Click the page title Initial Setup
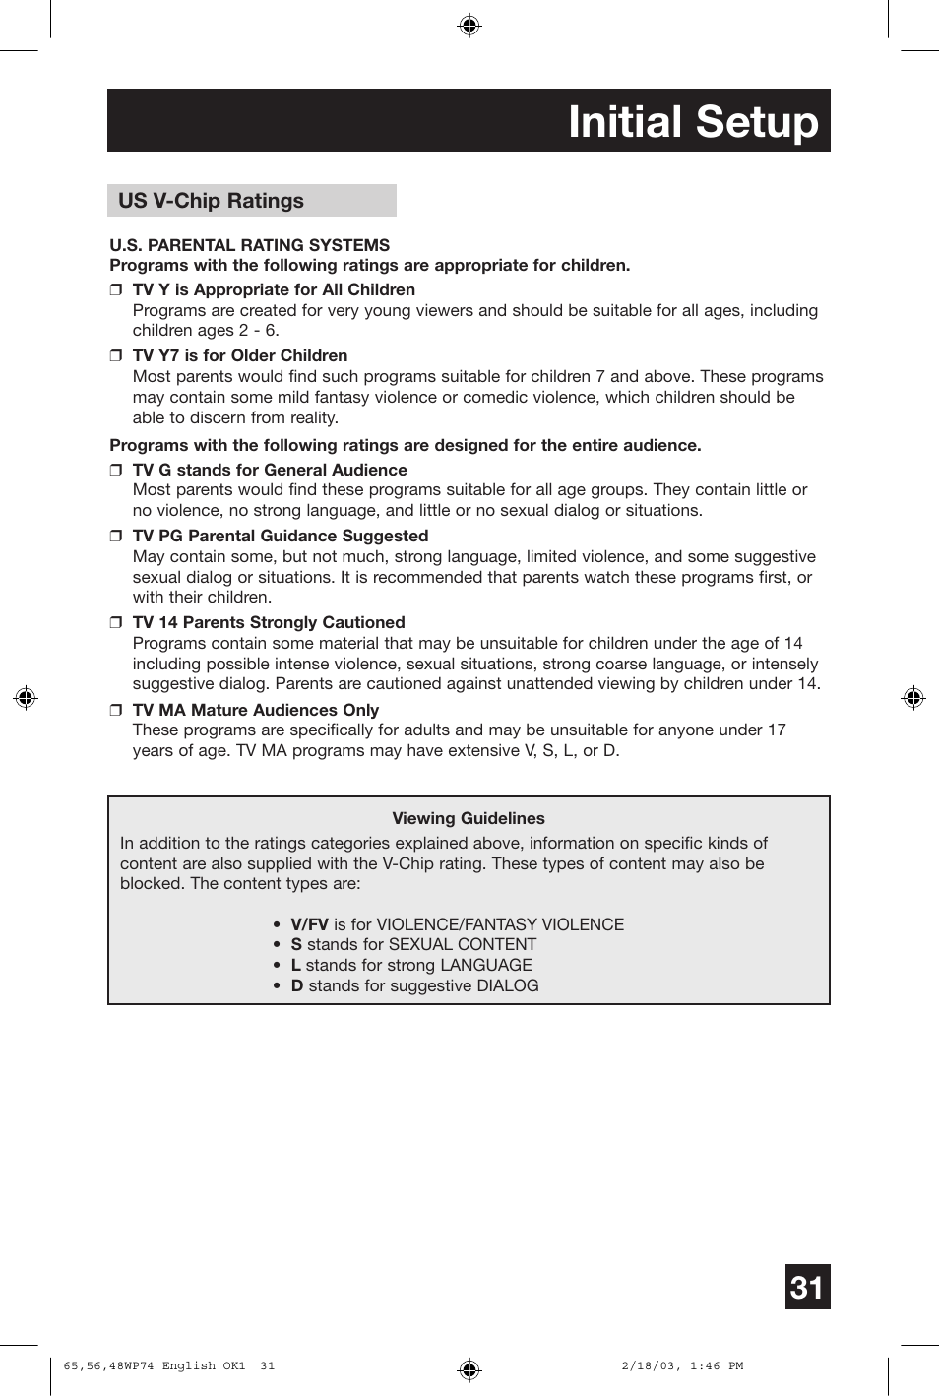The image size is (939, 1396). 693,122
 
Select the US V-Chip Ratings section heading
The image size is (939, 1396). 211,201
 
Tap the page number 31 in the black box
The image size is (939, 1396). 807,1287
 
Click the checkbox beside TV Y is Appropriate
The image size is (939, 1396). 115,290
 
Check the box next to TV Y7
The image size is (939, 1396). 115,356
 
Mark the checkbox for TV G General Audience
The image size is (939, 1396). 115,471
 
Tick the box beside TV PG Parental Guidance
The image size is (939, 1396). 115,537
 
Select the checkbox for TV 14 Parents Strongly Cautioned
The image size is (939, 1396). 115,623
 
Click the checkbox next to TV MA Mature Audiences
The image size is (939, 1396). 115,711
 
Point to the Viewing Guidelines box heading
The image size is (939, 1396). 469,818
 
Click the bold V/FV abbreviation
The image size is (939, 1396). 309,924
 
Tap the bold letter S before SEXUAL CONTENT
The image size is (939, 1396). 296,945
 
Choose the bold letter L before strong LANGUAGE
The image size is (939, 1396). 295,966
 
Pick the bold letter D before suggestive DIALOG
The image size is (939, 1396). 296,986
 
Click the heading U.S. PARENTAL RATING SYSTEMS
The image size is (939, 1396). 249,245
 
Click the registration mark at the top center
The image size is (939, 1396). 469,26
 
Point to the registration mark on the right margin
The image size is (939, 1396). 913,698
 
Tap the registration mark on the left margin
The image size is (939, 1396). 26,698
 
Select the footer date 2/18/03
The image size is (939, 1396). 650,1366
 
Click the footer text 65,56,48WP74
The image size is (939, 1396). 108,1366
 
